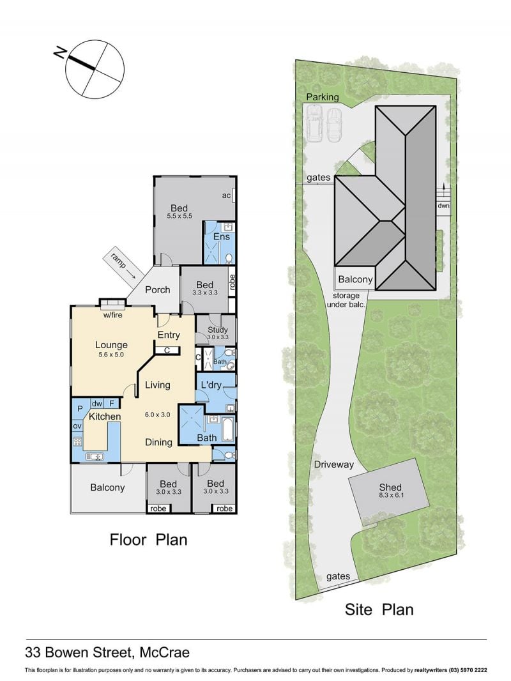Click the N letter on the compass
(x=59, y=53)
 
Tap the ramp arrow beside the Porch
(x=120, y=264)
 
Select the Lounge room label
(x=111, y=345)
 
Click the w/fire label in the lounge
(x=112, y=315)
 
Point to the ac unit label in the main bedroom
(x=226, y=195)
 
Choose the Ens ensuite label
(x=221, y=237)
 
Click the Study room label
(x=218, y=330)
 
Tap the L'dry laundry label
(x=211, y=385)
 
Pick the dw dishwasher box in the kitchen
(x=97, y=404)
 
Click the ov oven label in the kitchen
(x=77, y=426)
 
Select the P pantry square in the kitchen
(x=80, y=409)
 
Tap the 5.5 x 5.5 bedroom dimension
(x=179, y=216)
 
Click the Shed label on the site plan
(x=390, y=487)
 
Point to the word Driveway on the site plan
(x=334, y=464)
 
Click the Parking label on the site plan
(x=322, y=97)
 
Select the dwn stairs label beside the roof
(x=443, y=206)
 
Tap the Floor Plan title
(x=148, y=540)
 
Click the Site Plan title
(x=379, y=609)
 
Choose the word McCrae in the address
(x=165, y=652)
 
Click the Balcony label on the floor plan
(x=107, y=487)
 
